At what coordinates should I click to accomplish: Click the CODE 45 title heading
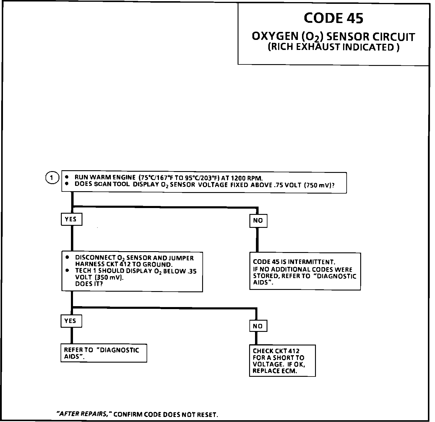333,18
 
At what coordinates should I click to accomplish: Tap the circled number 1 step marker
52,178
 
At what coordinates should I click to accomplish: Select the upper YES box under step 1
71,219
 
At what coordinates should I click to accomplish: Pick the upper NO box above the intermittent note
258,220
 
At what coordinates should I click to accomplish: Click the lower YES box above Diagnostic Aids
71,321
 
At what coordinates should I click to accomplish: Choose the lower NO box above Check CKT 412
258,326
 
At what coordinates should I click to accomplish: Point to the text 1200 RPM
246,178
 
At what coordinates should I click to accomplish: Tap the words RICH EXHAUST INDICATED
333,47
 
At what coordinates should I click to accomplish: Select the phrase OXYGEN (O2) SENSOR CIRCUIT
333,37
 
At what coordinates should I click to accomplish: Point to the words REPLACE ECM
275,371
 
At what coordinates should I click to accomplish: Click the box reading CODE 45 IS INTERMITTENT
305,272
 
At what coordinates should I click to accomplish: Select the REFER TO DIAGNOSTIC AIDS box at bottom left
103,353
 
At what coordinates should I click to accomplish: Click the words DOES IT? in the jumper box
89,284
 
